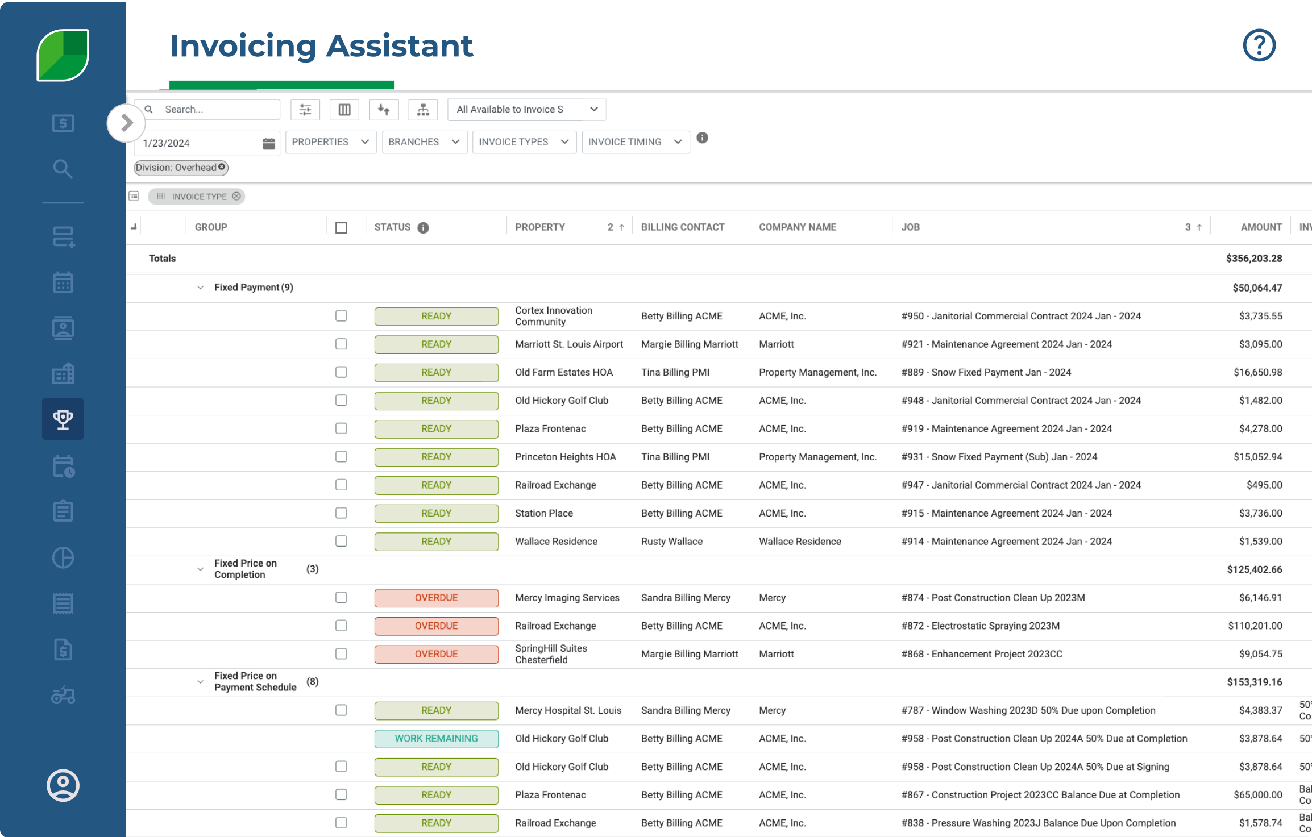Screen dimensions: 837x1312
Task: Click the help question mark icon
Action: point(1259,45)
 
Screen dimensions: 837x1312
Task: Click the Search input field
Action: point(219,109)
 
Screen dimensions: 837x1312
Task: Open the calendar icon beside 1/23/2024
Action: point(269,143)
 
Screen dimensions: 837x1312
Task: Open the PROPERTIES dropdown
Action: point(330,142)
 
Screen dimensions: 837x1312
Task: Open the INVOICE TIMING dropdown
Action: point(635,142)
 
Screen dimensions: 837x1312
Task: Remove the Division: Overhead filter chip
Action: point(222,167)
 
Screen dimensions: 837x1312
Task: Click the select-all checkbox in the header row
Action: point(341,228)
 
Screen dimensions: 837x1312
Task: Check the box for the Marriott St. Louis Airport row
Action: point(341,344)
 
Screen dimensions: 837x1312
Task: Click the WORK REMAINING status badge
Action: point(436,739)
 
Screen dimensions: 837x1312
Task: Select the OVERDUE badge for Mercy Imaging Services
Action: point(436,598)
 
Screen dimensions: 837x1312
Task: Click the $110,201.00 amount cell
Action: point(1255,626)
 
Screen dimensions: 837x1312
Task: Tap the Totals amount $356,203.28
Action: point(1253,259)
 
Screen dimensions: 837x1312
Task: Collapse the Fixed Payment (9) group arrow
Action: point(200,288)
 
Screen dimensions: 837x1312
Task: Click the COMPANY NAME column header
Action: point(797,227)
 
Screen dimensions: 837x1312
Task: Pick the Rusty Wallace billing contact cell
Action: point(671,542)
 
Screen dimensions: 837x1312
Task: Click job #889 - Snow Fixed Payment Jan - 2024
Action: point(986,373)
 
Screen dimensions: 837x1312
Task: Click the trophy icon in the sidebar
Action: point(63,419)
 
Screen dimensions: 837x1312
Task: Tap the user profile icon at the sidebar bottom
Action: point(63,785)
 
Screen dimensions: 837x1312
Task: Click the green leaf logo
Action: point(63,55)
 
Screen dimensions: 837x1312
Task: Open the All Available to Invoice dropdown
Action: point(526,109)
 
